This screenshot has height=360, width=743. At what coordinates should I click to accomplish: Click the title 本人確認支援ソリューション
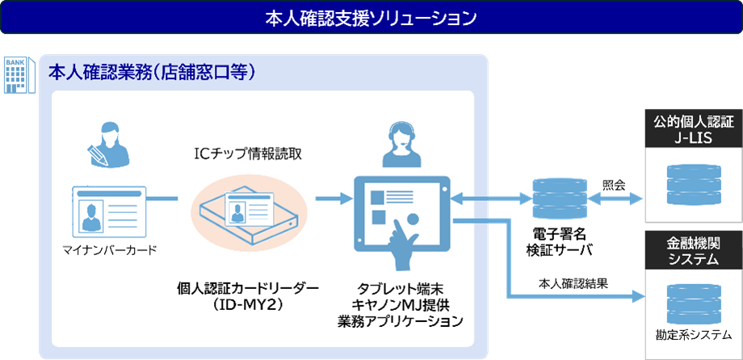(x=371, y=17)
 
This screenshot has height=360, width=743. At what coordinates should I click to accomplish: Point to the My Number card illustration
(x=108, y=209)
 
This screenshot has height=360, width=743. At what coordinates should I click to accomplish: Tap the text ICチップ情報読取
(x=248, y=153)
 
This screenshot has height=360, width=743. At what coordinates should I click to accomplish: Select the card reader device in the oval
(x=248, y=211)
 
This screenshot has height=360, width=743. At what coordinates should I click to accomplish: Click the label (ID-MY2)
(x=248, y=304)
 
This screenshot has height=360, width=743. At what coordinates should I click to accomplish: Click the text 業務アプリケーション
(x=401, y=321)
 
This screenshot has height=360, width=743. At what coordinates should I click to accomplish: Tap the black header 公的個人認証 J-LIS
(x=693, y=130)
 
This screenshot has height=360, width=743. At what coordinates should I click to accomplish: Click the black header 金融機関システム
(x=693, y=250)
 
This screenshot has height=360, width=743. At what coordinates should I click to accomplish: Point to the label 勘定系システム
(x=693, y=334)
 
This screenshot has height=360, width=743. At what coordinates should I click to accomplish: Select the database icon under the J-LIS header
(x=693, y=185)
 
